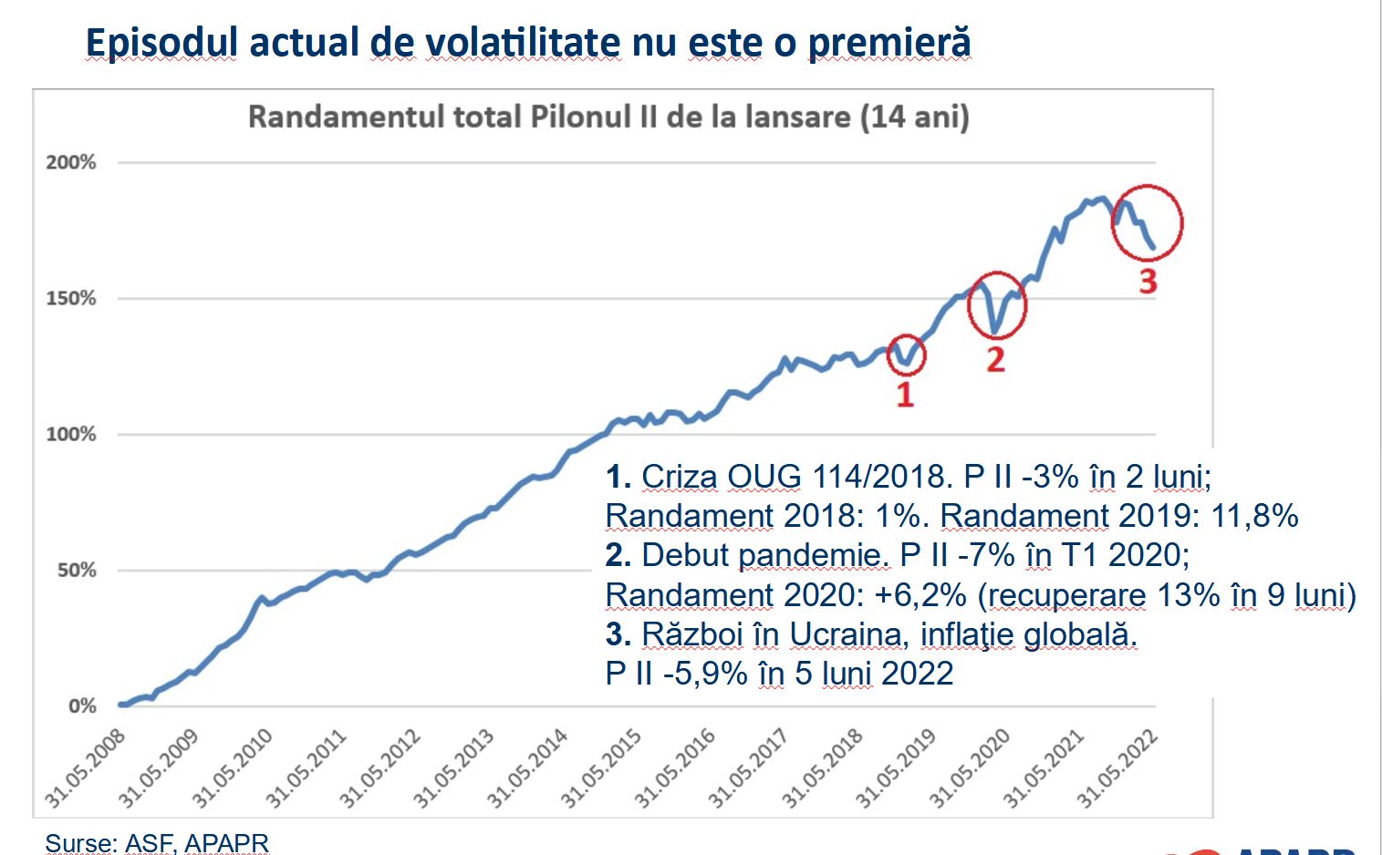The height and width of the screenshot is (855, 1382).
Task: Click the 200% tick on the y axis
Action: click(70, 162)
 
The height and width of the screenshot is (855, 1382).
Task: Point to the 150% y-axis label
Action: click(70, 298)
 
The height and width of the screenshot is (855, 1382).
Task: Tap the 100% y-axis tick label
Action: click(70, 434)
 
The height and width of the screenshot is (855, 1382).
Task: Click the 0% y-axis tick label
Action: click(81, 706)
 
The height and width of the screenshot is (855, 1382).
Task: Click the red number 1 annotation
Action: click(904, 395)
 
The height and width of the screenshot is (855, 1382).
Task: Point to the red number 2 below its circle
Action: click(995, 359)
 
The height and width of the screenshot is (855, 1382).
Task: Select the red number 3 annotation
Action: click(1148, 281)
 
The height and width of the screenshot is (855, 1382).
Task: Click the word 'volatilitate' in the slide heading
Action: click(494, 43)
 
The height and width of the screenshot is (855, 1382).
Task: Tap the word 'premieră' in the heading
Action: click(888, 43)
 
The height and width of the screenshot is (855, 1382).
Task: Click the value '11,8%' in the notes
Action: click(1254, 516)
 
